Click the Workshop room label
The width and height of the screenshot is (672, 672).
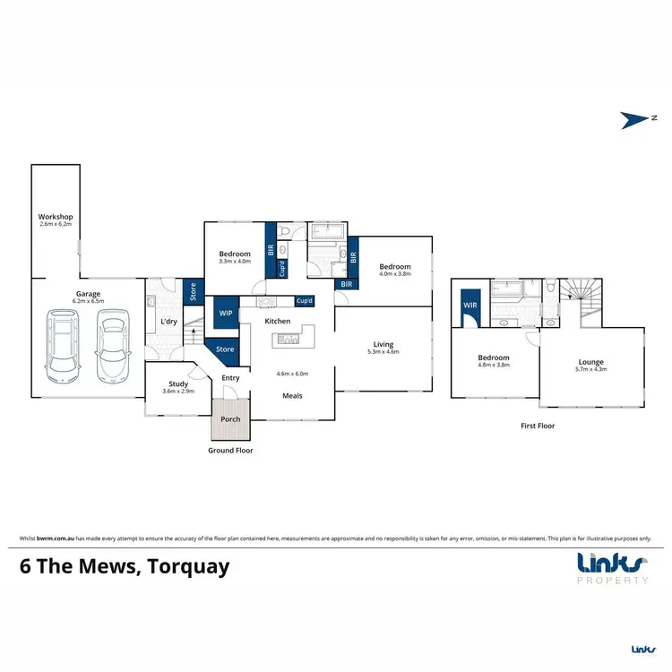[x=55, y=218]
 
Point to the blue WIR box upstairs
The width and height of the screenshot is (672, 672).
[x=470, y=306]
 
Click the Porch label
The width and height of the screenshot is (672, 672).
[x=230, y=418]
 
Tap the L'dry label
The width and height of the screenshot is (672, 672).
[x=168, y=321]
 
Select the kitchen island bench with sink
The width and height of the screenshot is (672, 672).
[x=290, y=338]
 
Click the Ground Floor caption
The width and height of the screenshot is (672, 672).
[x=230, y=451]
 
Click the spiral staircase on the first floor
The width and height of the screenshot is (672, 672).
[x=580, y=300]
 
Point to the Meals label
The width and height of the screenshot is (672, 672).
[x=291, y=395]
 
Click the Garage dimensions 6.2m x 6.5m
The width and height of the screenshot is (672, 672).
[x=87, y=302]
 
